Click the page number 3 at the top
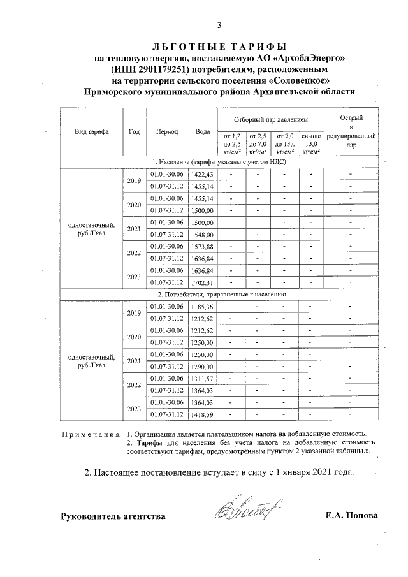tap(219, 26)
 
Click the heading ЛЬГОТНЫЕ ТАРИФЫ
tap(219, 47)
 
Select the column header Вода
tap(203, 131)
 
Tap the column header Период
tap(166, 131)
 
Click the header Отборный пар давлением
tap(270, 119)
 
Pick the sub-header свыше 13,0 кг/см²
tap(310, 143)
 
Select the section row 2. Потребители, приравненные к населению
tap(221, 295)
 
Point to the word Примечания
tap(90, 434)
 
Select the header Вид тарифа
tap(91, 131)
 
